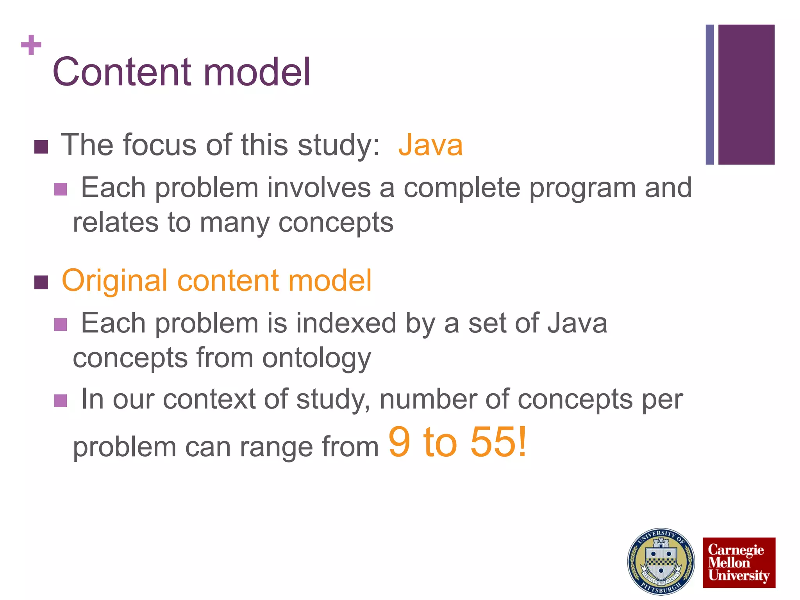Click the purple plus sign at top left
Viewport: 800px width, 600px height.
31,45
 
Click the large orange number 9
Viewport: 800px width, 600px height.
399,442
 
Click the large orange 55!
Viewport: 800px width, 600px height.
498,442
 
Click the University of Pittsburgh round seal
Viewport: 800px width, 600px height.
661,562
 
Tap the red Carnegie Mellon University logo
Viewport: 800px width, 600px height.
739,562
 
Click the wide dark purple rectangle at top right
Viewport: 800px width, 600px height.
746,95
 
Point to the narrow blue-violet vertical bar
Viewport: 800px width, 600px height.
709,95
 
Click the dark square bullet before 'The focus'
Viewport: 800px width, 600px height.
41,147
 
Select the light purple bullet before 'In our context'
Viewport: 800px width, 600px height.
61,400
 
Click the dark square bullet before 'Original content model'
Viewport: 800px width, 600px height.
41,282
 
